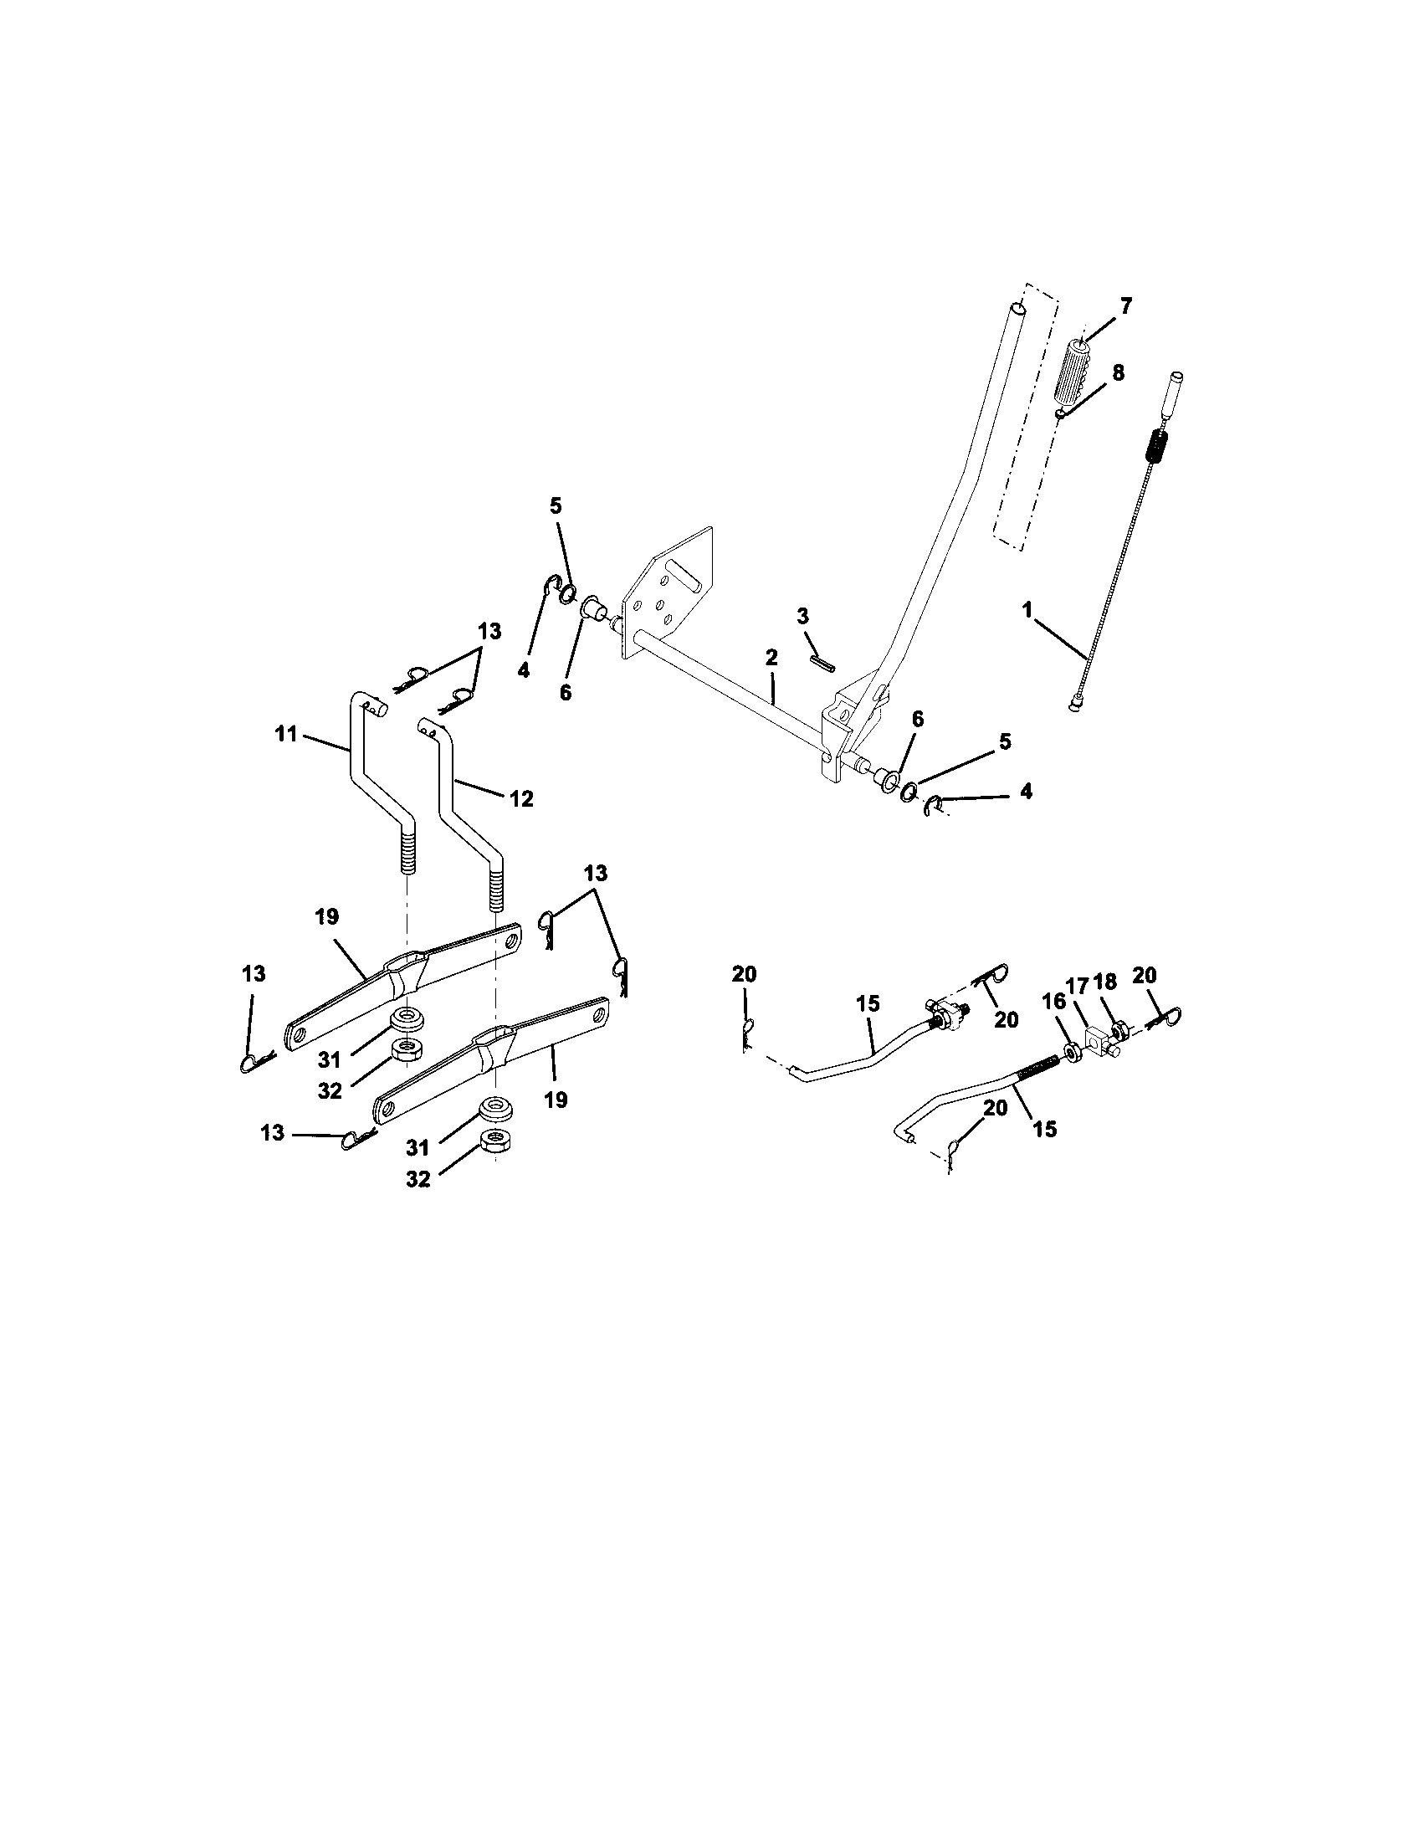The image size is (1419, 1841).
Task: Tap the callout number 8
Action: pos(1117,373)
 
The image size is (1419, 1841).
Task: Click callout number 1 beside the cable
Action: pos(1027,610)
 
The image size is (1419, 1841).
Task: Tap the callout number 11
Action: pos(286,734)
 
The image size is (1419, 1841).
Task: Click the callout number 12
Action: pos(521,798)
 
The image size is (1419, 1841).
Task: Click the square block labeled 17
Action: pos(1094,1042)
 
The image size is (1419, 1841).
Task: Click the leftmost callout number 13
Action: pos(254,973)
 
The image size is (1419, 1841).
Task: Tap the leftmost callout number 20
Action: pos(744,974)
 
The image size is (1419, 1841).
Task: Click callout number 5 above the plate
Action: pos(556,505)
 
